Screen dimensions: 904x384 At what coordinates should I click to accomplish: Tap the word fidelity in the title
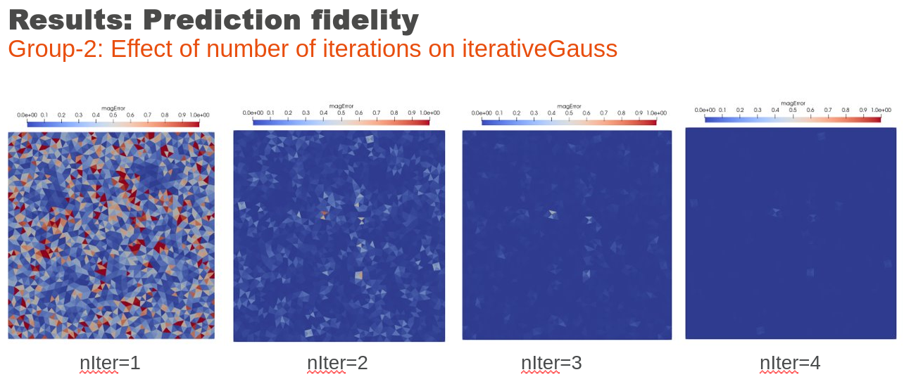(x=365, y=21)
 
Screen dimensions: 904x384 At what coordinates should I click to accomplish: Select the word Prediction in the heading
(x=222, y=20)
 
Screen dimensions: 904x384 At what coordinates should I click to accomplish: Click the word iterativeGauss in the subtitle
(x=539, y=49)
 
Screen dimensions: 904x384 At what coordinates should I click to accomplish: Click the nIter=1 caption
(x=110, y=363)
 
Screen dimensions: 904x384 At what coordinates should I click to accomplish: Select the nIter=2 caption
(x=337, y=363)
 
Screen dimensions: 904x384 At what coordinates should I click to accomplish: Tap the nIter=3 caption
(x=551, y=363)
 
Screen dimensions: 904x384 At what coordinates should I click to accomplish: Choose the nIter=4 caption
(x=790, y=363)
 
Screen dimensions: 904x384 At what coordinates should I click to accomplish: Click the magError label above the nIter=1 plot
(x=113, y=108)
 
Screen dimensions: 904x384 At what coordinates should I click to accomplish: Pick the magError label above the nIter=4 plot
(x=793, y=103)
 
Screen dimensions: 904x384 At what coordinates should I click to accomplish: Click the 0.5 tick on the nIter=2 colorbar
(x=341, y=113)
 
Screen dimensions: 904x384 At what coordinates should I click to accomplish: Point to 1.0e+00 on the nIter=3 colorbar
(x=657, y=113)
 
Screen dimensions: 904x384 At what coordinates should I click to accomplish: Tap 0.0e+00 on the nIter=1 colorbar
(x=27, y=115)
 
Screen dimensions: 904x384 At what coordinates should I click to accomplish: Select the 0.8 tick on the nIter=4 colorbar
(x=846, y=110)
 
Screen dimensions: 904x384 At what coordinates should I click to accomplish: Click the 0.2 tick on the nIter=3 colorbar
(x=517, y=113)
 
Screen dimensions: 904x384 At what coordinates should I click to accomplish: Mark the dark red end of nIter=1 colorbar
(x=197, y=124)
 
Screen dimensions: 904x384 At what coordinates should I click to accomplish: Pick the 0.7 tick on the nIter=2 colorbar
(x=376, y=113)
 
